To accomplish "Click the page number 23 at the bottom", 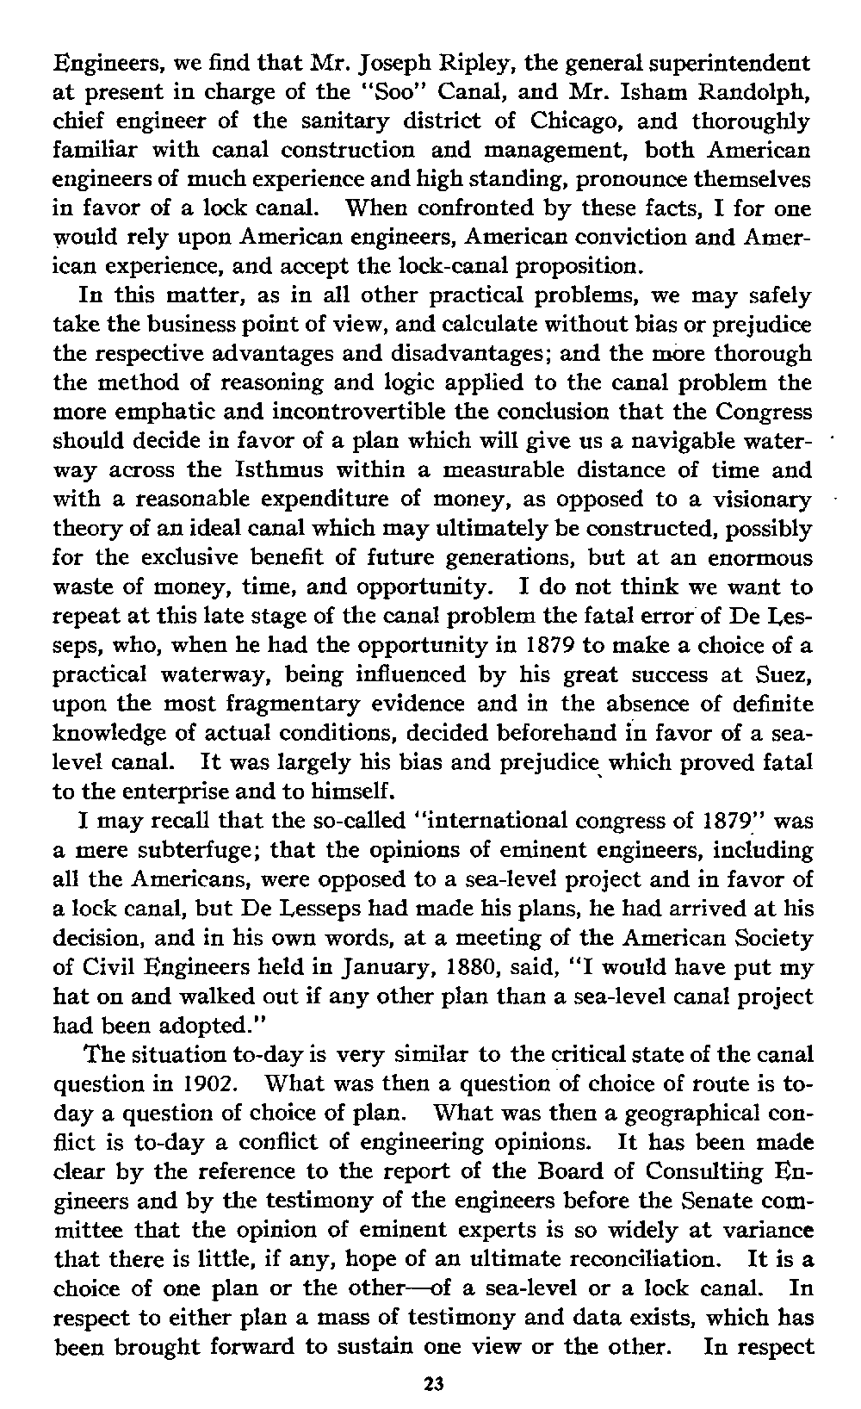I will tap(432, 1385).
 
